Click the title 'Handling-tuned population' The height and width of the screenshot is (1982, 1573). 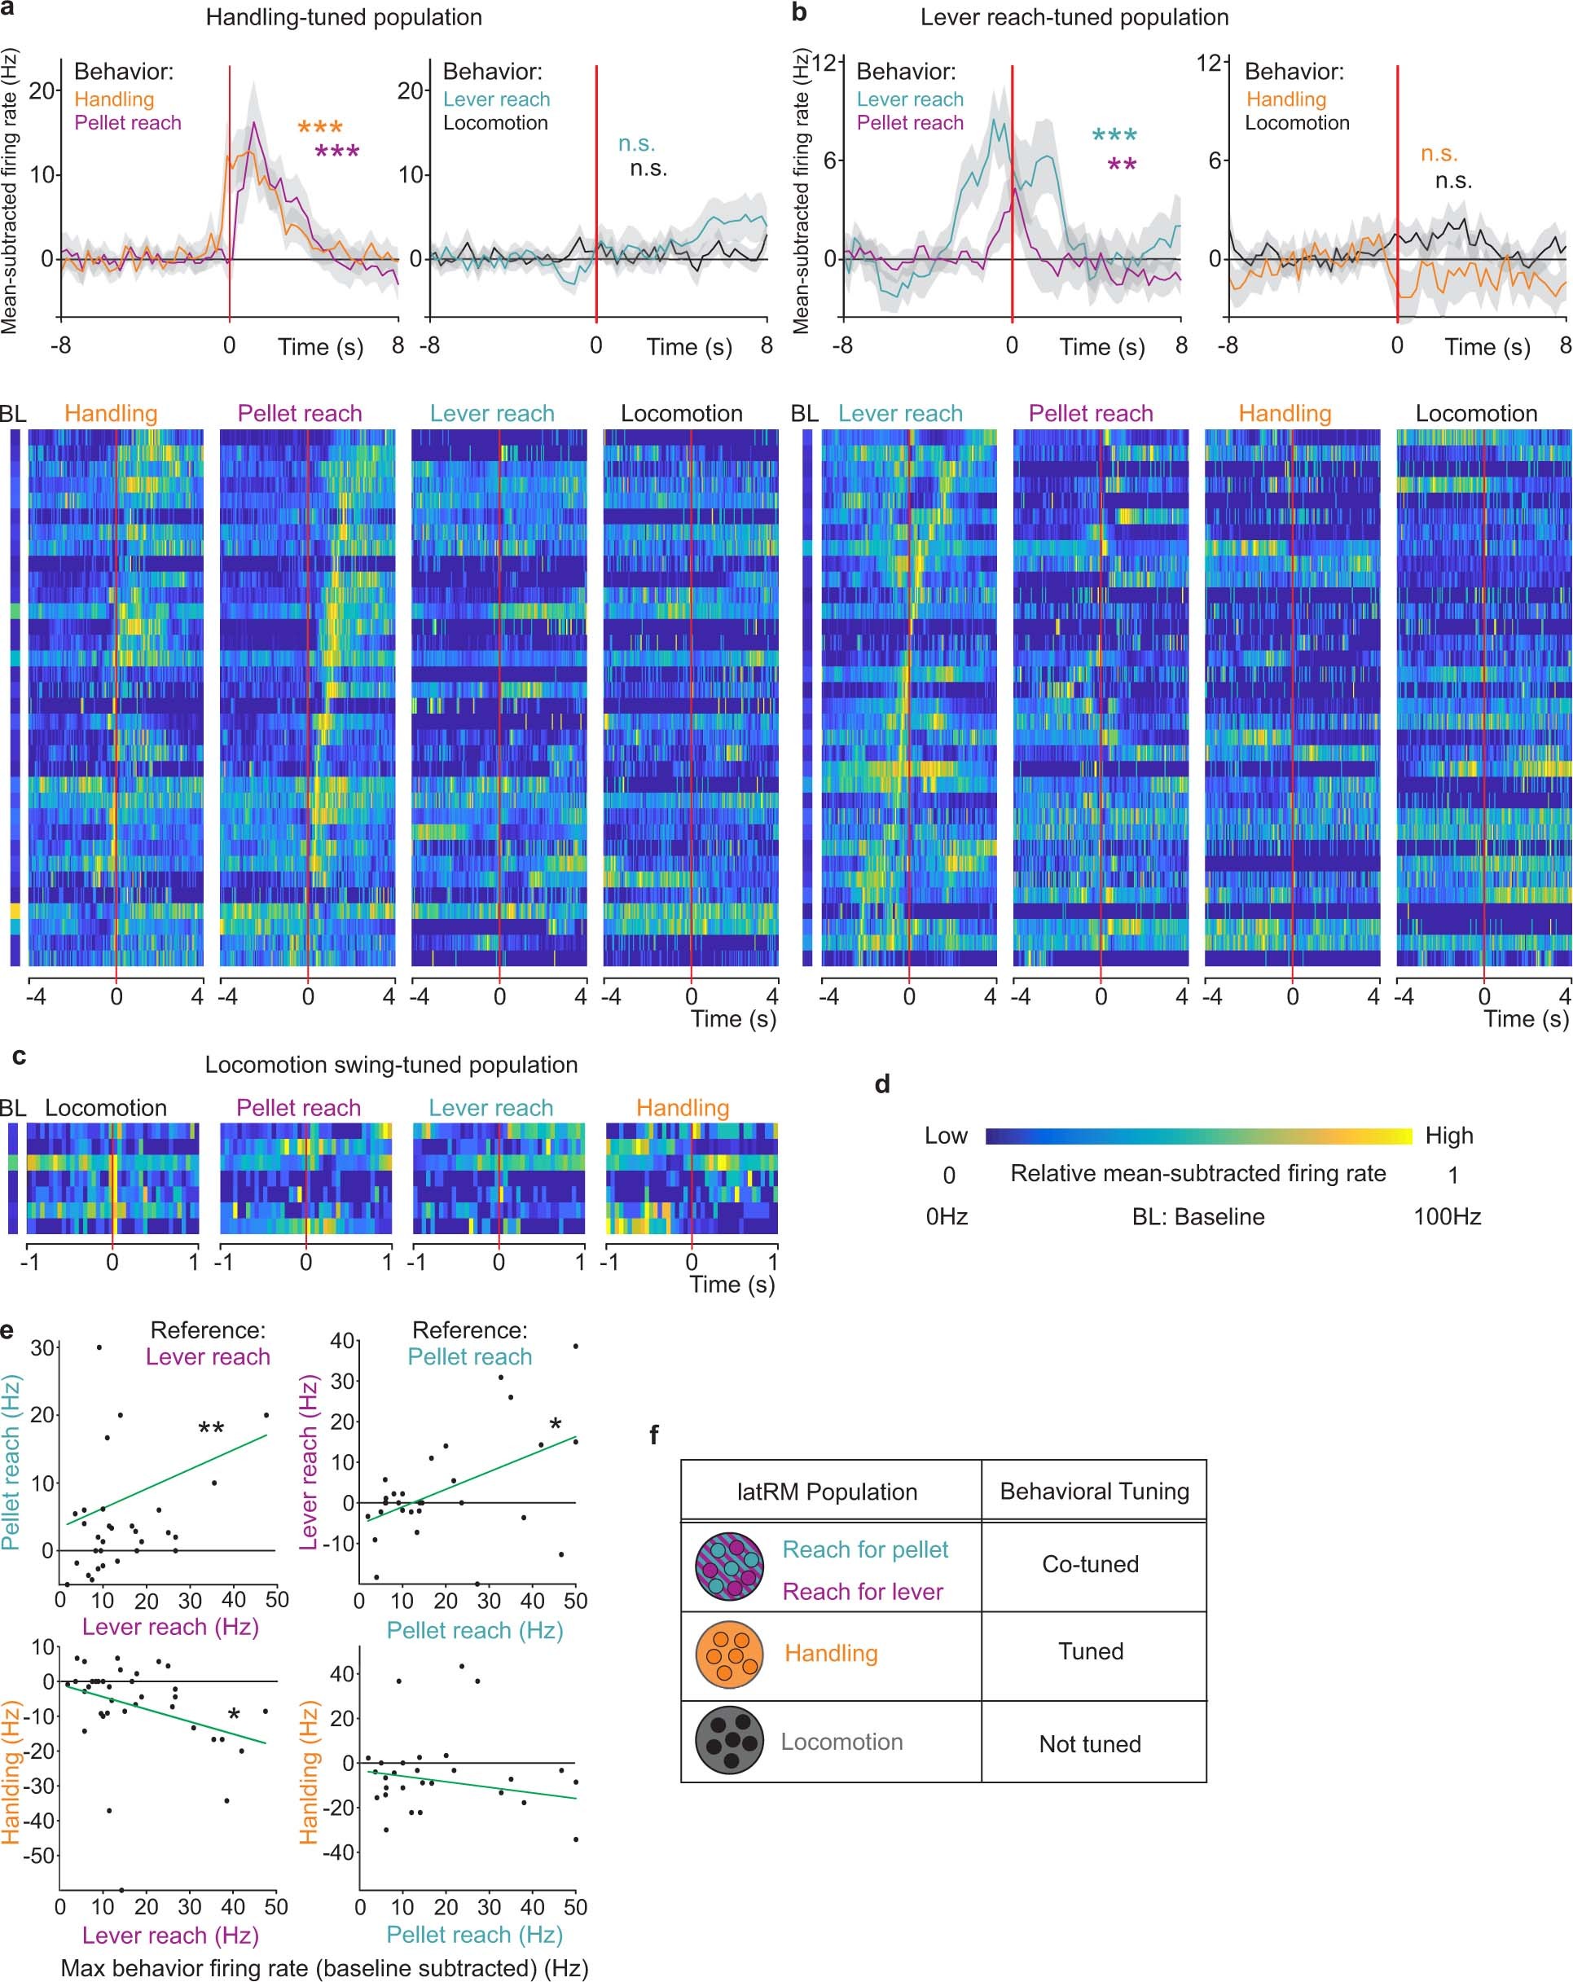[343, 17]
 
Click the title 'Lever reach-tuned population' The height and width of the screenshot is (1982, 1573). [1074, 17]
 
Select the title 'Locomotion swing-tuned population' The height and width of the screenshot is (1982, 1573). [391, 1065]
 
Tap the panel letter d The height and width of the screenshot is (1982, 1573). [881, 1085]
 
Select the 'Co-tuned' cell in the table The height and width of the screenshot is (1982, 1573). [1090, 1564]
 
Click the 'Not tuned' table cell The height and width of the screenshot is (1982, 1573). [1090, 1744]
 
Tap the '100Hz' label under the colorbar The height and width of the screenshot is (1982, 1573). [1446, 1217]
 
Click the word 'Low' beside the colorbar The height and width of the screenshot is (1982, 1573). [946, 1136]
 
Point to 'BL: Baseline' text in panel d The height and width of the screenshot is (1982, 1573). [1198, 1217]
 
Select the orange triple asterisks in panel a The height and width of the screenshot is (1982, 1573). [320, 129]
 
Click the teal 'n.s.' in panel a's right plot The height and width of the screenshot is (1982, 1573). [636, 144]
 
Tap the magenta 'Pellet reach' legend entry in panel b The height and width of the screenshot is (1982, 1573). [909, 123]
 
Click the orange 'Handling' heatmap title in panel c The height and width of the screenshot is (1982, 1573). [682, 1108]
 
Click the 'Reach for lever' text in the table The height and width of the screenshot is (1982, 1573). [863, 1593]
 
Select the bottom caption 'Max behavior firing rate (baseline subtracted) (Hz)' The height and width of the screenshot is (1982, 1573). [324, 1967]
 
